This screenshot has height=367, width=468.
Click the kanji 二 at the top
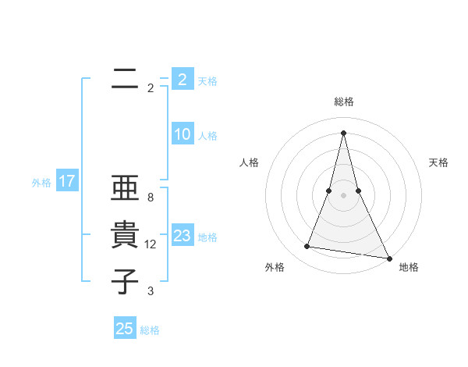click(125, 78)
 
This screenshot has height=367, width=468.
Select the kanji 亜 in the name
click(125, 190)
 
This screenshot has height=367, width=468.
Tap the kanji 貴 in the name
click(125, 236)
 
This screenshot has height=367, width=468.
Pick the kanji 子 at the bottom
click(125, 281)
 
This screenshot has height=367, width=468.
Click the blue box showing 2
click(182, 80)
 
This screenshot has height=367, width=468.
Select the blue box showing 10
click(182, 134)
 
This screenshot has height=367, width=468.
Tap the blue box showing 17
click(66, 181)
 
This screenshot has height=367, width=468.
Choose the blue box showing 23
click(182, 236)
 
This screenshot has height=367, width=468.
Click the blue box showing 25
click(124, 329)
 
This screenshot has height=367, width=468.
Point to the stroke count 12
click(151, 244)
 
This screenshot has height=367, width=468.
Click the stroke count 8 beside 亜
click(150, 198)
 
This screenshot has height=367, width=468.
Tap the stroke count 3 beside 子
click(150, 291)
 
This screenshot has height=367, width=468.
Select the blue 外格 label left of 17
click(41, 183)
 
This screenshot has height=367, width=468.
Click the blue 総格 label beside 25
click(150, 330)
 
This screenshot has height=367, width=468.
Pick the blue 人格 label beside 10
click(207, 136)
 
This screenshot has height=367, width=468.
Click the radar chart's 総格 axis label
click(344, 102)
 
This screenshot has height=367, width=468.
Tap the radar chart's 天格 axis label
click(438, 162)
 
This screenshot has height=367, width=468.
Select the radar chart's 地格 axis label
click(409, 267)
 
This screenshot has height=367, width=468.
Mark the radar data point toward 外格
click(307, 247)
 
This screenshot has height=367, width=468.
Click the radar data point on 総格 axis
click(344, 132)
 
